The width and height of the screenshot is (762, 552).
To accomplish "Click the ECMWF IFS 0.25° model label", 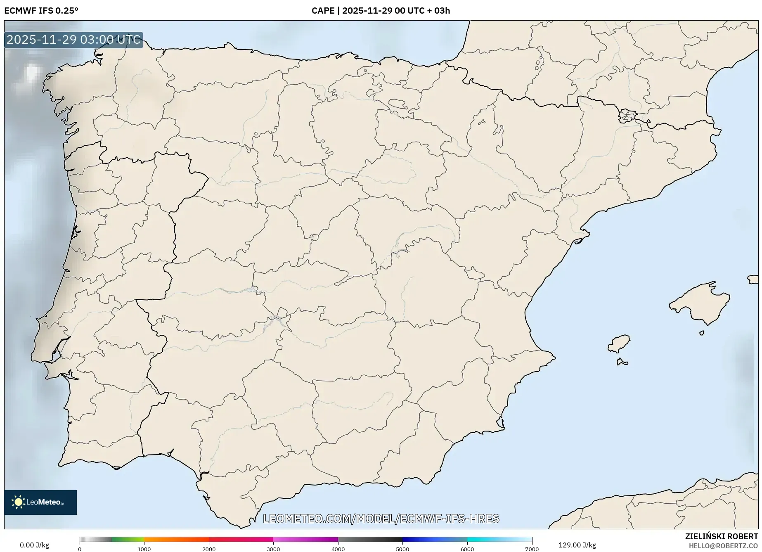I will click(x=41, y=11).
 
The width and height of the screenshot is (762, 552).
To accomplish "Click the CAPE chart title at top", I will click(x=381, y=11).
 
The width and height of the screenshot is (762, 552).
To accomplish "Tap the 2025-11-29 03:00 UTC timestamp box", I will click(x=73, y=40).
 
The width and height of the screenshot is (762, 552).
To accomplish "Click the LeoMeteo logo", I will click(x=40, y=502).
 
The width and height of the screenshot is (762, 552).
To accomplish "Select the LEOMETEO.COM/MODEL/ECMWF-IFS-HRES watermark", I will click(x=381, y=519).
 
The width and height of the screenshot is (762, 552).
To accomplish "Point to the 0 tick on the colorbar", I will click(x=80, y=549).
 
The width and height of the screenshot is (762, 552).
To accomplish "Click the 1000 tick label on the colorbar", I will click(x=144, y=549).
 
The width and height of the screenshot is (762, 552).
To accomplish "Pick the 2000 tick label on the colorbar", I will click(x=209, y=549).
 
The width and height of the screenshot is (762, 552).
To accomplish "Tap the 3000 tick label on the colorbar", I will click(x=273, y=549).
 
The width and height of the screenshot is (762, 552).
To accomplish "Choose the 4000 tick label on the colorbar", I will click(x=338, y=549).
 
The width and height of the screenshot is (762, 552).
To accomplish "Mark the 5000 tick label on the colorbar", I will click(x=402, y=549).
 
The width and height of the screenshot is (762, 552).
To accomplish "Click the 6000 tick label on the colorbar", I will click(x=467, y=549).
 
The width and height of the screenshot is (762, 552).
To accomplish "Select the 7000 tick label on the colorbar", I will click(x=532, y=549).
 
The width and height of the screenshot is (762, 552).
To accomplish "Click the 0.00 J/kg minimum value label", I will click(x=34, y=545).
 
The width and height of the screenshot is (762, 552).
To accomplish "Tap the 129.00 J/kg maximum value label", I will click(x=577, y=545).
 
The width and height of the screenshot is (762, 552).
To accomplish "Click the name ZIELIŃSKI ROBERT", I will click(x=722, y=536).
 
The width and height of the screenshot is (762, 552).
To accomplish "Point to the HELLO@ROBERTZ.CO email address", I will click(x=723, y=546).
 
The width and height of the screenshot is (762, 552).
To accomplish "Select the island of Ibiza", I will click(x=619, y=344).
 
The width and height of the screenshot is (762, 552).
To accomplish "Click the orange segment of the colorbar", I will click(x=176, y=539).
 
